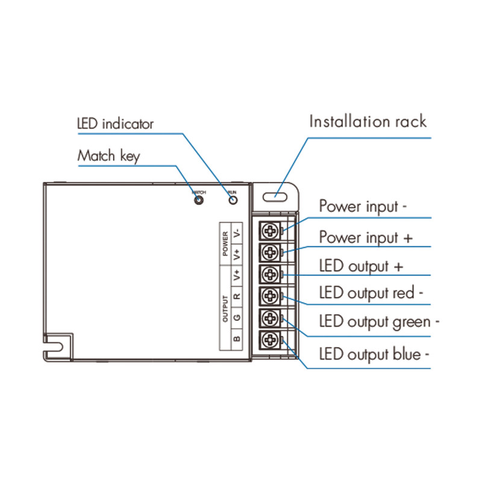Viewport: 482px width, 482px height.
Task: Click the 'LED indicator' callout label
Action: pyautogui.click(x=115, y=124)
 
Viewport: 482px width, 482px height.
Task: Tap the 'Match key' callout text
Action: pyautogui.click(x=108, y=156)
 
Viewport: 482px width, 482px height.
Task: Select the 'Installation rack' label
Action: pyautogui.click(x=368, y=121)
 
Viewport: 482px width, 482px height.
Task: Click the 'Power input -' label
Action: pyautogui.click(x=363, y=206)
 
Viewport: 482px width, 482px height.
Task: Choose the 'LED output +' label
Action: pyautogui.click(x=361, y=266)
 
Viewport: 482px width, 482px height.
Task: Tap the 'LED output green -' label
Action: pyautogui.click(x=379, y=322)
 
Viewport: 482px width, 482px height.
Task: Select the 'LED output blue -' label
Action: pyautogui.click(x=374, y=354)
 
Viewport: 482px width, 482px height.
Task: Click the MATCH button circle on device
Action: pyautogui.click(x=198, y=199)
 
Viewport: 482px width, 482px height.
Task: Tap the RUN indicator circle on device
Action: pyautogui.click(x=232, y=199)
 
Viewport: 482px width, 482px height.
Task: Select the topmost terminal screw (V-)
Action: pyautogui.click(x=271, y=230)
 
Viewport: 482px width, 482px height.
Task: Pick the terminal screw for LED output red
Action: pyautogui.click(x=271, y=295)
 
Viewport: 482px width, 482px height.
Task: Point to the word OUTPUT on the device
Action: pyautogui.click(x=225, y=308)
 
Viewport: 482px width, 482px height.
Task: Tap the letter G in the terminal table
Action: pyautogui.click(x=237, y=317)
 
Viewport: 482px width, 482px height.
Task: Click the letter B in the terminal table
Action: pyautogui.click(x=237, y=339)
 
